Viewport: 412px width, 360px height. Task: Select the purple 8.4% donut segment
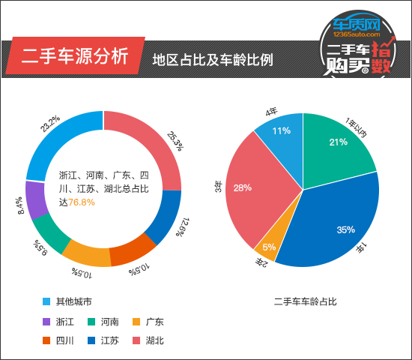pyautogui.click(x=36, y=199)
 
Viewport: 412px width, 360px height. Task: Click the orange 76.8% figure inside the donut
pyautogui.click(x=82, y=202)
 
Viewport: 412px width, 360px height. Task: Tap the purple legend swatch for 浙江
pyautogui.click(x=47, y=322)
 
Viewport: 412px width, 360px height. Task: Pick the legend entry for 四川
pyautogui.click(x=60, y=340)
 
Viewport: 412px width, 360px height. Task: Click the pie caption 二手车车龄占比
pyautogui.click(x=305, y=302)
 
